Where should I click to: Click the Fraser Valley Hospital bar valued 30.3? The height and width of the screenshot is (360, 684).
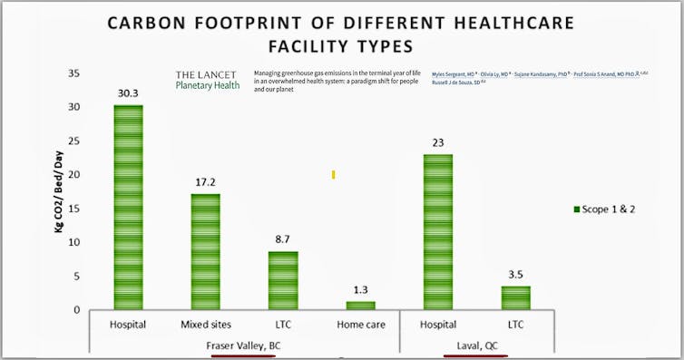[x=128, y=208]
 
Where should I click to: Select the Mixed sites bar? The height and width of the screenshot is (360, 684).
[x=204, y=252]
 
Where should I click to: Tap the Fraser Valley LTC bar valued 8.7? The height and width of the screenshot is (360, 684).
[x=283, y=280]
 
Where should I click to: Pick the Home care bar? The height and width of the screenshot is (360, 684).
[x=360, y=306]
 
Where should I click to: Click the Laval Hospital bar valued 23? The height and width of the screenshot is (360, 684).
[x=438, y=232]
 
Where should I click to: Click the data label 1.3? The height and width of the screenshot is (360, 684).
[x=360, y=290]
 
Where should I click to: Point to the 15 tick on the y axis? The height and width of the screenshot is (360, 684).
[x=74, y=209]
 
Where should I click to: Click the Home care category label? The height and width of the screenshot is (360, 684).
[x=360, y=323]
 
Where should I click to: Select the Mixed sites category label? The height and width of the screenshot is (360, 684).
[x=204, y=323]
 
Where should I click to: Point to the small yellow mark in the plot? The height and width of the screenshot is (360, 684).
[x=333, y=174]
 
